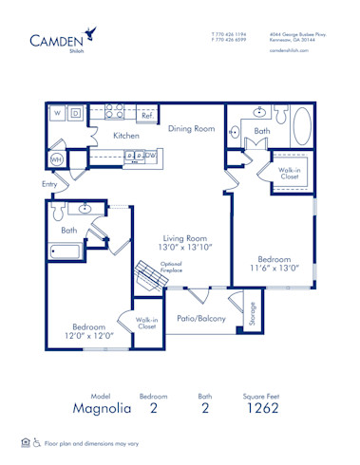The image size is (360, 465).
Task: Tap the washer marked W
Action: [x=56, y=114]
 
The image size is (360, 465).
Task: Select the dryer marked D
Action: [x=75, y=114]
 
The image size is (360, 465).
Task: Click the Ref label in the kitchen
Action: [x=146, y=116]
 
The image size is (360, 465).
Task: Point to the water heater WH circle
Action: [x=56, y=159]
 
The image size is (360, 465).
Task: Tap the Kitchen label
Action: [x=126, y=136]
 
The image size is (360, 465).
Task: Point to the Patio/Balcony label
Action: [x=201, y=319]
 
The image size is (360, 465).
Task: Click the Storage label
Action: [x=253, y=312]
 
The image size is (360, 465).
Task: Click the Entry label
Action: [x=49, y=184]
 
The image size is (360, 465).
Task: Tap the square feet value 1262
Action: [x=269, y=409]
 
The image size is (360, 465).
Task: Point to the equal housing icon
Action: [x=22, y=442]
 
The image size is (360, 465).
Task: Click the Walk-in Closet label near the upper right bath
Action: [x=290, y=174]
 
